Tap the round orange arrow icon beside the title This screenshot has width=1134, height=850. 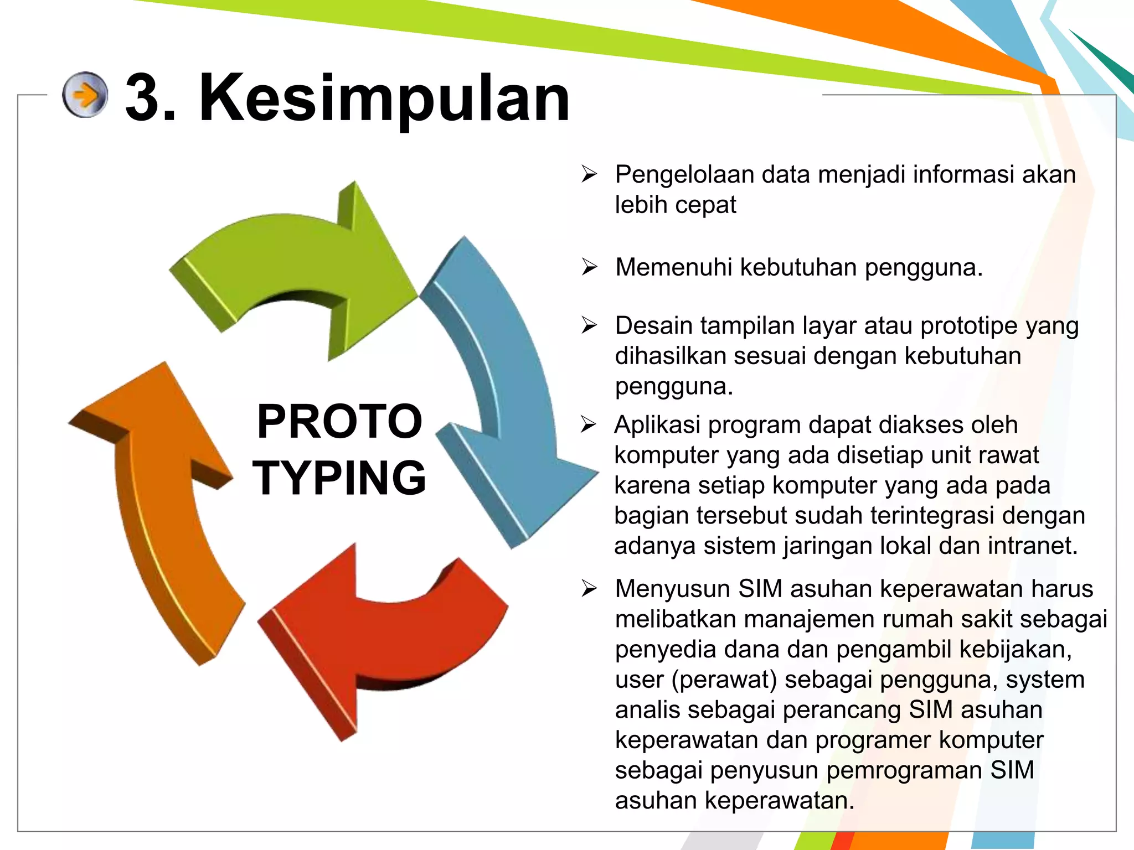pyautogui.click(x=85, y=95)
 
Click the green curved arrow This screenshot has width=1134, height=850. pyautogui.click(x=293, y=260)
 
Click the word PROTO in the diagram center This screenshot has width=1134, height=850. pyautogui.click(x=339, y=422)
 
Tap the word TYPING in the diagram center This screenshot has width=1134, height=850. pyautogui.click(x=339, y=478)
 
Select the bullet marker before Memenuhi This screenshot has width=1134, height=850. pyautogui.click(x=589, y=267)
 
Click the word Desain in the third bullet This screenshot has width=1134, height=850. pyautogui.click(x=653, y=326)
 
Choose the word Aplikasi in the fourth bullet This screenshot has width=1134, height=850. pyautogui.click(x=657, y=425)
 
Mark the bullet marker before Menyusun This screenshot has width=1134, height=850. pyautogui.click(x=589, y=589)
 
